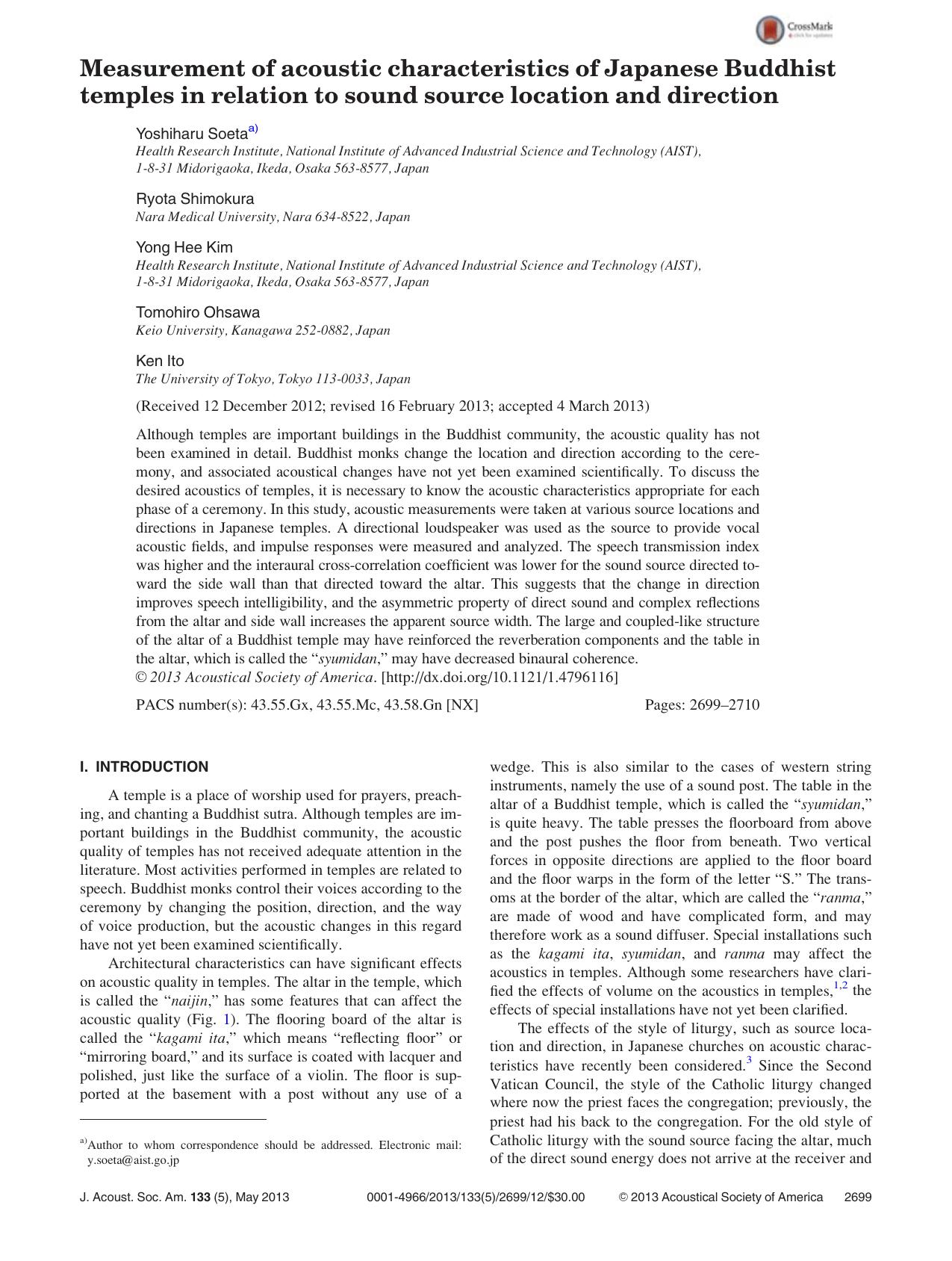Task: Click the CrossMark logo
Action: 794,30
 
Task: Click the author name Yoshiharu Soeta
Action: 191,134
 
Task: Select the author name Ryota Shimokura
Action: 195,199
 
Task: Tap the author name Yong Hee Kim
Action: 184,247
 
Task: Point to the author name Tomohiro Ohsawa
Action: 198,312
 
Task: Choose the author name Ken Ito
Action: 160,361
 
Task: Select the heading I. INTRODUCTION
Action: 144,767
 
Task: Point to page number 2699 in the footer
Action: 857,1197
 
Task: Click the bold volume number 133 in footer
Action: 200,1197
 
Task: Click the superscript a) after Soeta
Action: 253,129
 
